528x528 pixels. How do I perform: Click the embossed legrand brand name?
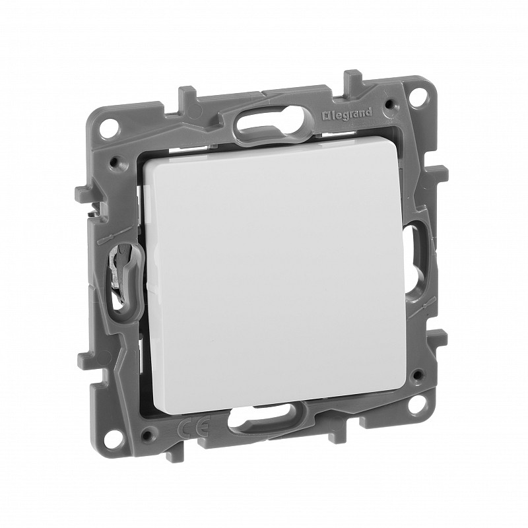coord(347,114)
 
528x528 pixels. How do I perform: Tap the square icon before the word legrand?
coord(326,117)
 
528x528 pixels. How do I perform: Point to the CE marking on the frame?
coord(193,422)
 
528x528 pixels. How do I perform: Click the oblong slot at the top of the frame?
coord(273,126)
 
